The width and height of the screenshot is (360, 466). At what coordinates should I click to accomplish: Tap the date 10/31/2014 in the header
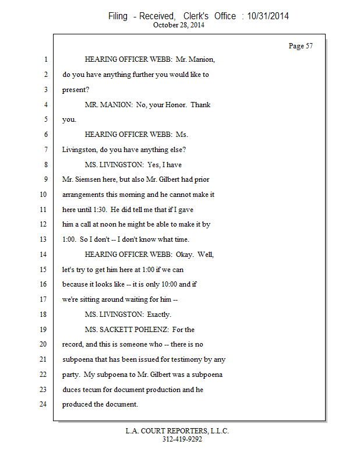(x=267, y=16)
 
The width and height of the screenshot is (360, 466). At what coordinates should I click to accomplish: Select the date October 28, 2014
(x=179, y=25)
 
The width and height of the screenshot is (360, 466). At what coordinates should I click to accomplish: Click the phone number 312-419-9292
(x=182, y=439)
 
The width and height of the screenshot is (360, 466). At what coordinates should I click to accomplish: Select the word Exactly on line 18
(x=158, y=315)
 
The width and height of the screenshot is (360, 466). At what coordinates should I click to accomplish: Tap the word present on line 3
(x=74, y=90)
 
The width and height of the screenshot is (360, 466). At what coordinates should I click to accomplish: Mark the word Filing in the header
(x=118, y=16)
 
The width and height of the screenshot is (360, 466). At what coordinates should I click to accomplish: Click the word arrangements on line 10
(x=84, y=195)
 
